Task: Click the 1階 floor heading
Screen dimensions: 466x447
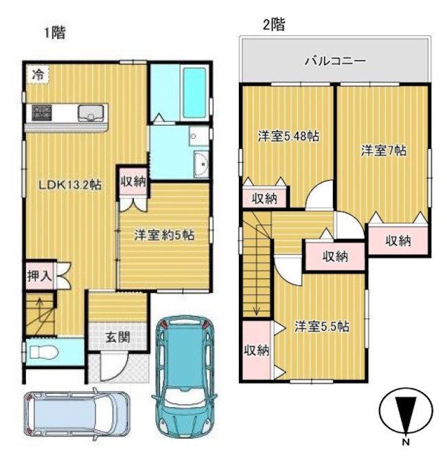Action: (x=55, y=32)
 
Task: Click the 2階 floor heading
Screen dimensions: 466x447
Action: (x=273, y=25)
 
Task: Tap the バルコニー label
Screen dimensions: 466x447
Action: (x=335, y=61)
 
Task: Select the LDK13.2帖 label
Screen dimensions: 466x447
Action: (x=69, y=185)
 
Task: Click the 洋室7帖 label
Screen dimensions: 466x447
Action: (x=384, y=151)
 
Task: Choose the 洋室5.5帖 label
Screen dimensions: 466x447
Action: (x=321, y=326)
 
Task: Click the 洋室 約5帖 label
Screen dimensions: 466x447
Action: (x=163, y=234)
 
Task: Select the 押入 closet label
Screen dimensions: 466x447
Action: (x=39, y=276)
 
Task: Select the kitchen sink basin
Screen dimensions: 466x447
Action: (x=90, y=112)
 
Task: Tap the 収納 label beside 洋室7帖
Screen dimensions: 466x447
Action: (x=397, y=241)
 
